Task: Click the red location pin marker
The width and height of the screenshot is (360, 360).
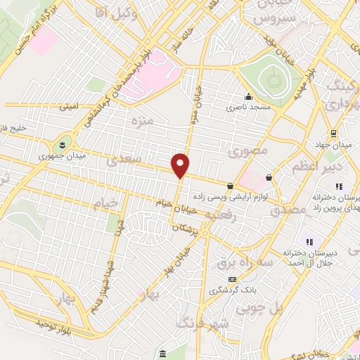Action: (x=181, y=165)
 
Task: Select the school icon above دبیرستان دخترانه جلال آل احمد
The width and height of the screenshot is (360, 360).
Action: (x=308, y=242)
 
